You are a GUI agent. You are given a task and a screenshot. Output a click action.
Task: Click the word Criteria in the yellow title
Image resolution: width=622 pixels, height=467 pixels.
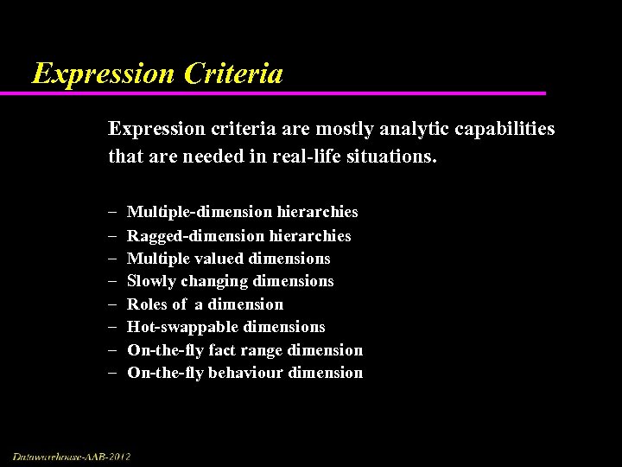(x=233, y=74)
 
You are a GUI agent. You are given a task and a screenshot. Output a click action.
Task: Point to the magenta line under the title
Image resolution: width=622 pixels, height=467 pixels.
(x=285, y=93)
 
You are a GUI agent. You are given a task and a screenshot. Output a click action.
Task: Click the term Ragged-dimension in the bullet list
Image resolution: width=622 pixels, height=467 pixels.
(x=196, y=235)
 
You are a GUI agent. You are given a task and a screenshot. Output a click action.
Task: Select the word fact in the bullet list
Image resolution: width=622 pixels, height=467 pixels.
(x=224, y=350)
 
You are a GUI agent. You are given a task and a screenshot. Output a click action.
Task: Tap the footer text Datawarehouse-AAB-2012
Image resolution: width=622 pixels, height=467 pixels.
(x=72, y=456)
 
